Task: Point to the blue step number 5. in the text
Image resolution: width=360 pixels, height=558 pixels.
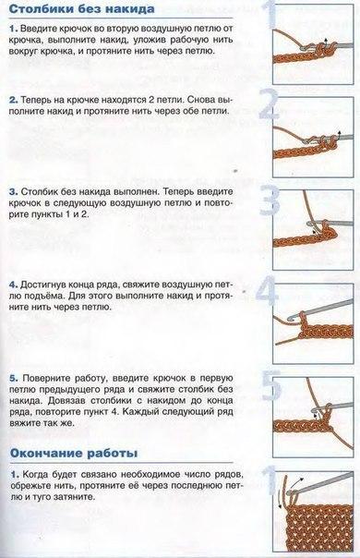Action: coord(13,379)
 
